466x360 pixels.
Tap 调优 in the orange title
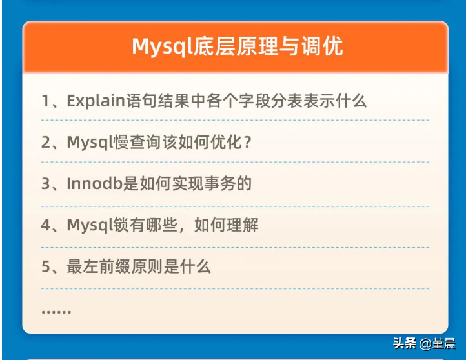[x=323, y=46]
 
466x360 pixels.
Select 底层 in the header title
[x=214, y=46]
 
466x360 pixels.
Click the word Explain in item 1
[x=96, y=101]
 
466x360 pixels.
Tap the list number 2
[x=46, y=143]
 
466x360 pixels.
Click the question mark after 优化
[x=247, y=143]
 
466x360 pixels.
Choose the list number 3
[x=46, y=184]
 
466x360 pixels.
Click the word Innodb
[x=95, y=184]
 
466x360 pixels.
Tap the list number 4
[x=46, y=225]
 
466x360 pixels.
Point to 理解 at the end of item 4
[x=242, y=225]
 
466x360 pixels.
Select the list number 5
[x=46, y=266]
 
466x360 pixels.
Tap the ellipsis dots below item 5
[x=56, y=312]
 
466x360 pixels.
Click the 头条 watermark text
[x=405, y=343]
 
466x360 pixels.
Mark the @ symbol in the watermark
[x=425, y=344]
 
